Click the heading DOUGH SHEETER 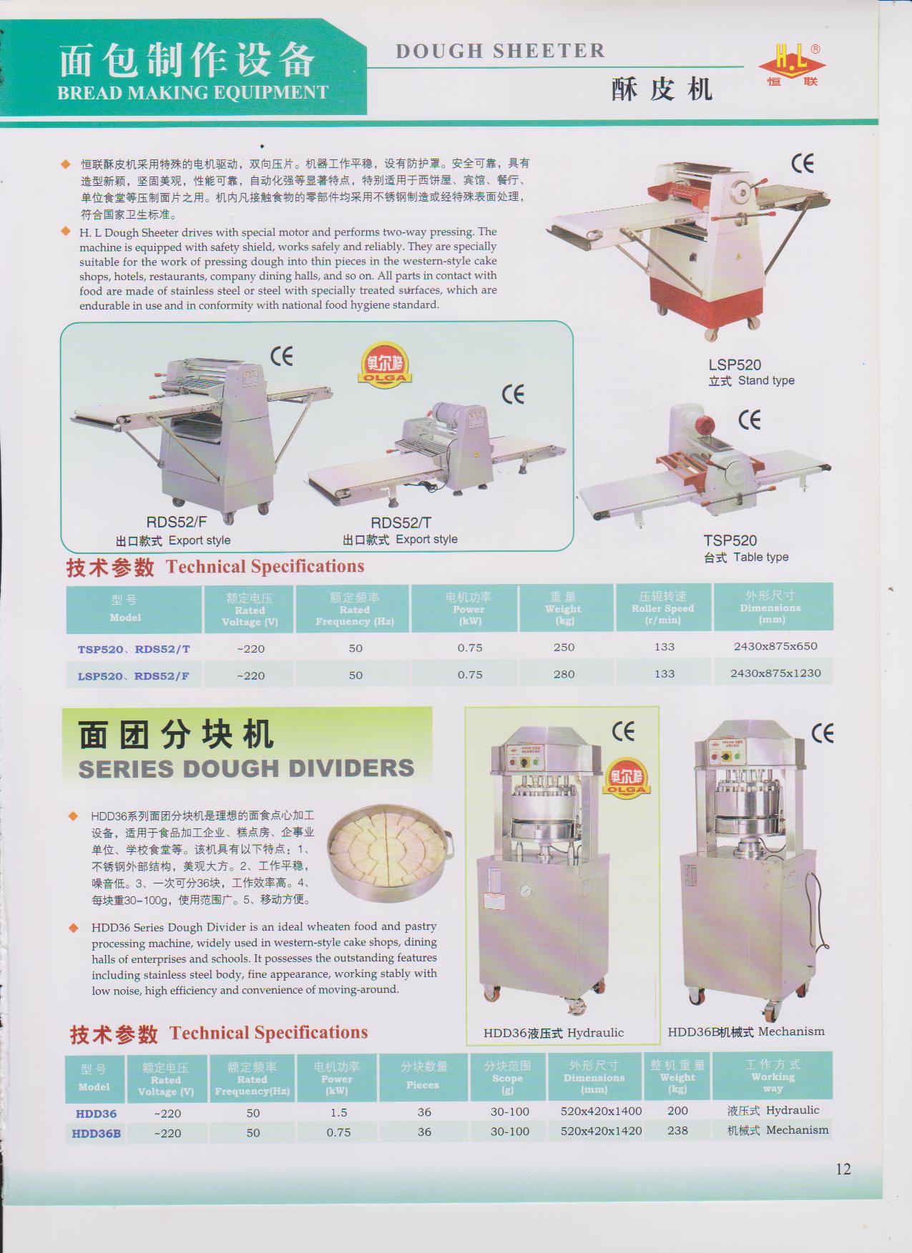click(500, 51)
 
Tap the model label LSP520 click(735, 365)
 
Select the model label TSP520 click(730, 540)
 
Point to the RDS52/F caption click(177, 523)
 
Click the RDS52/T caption click(401, 523)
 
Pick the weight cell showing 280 click(564, 674)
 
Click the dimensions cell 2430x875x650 click(775, 646)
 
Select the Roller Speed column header click(663, 608)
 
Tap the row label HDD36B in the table click(97, 1133)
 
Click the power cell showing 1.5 click(339, 1113)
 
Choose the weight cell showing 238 click(677, 1131)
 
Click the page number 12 click(843, 1169)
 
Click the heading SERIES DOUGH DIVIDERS click(246, 768)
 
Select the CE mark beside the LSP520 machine click(803, 164)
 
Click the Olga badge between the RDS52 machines click(386, 364)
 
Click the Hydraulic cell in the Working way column click(773, 1110)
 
